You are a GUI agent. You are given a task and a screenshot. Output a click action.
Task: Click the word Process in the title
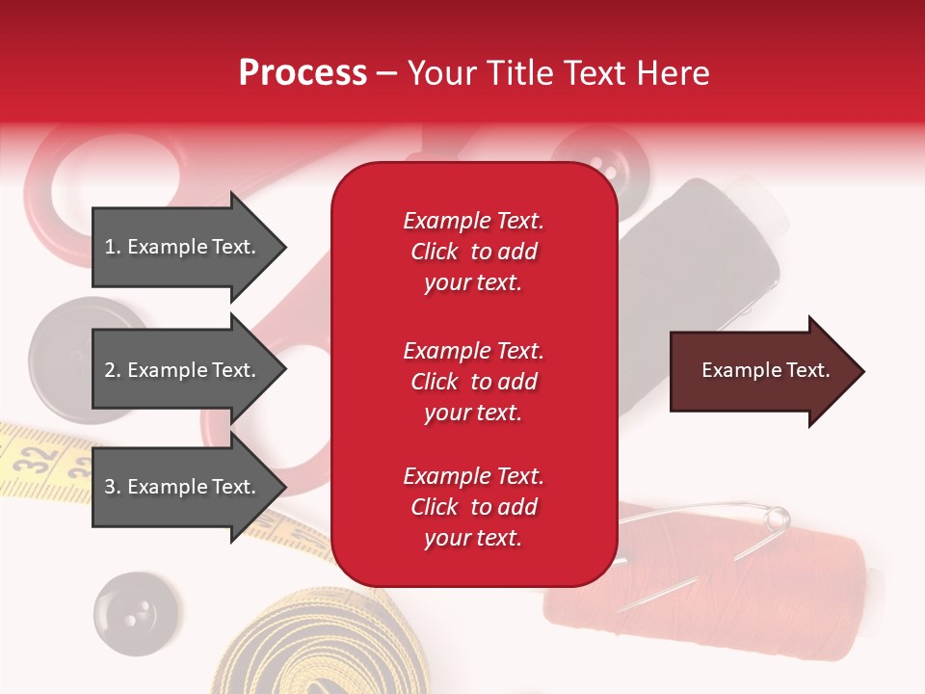pos(303,72)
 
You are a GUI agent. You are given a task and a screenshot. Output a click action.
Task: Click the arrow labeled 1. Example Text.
pos(183,247)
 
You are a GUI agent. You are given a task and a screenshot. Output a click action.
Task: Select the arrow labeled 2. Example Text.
pos(183,370)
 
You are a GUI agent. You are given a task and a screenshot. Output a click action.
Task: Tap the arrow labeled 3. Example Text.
pos(183,487)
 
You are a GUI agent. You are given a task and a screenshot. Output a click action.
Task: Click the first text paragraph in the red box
pos(473,252)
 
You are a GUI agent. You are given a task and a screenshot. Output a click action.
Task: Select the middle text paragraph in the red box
pos(473,382)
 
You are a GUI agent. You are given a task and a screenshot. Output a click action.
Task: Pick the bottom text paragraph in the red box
pos(473,507)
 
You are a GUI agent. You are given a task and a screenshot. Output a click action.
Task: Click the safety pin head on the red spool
pos(777,520)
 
